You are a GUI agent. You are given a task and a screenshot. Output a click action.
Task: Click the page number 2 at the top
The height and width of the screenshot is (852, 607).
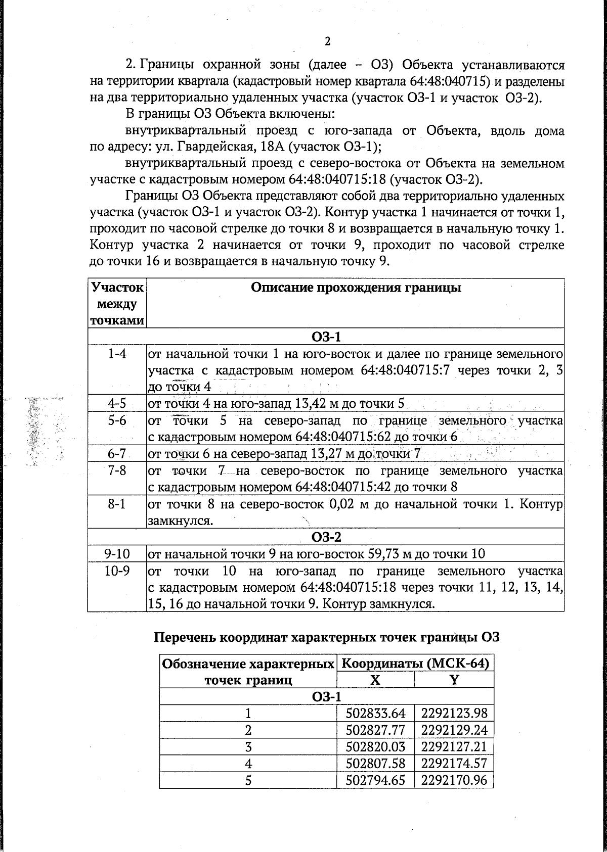tap(327, 41)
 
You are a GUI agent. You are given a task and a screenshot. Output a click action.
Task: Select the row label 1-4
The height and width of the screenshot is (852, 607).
tap(117, 354)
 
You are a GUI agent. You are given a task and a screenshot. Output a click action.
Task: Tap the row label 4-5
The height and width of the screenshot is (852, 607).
tap(117, 403)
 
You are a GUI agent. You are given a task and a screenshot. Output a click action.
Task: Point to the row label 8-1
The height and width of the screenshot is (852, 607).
tap(117, 504)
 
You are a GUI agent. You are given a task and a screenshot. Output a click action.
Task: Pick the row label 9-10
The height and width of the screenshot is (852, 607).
tap(117, 553)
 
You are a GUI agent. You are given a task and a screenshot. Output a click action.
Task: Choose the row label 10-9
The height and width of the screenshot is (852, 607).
tap(117, 571)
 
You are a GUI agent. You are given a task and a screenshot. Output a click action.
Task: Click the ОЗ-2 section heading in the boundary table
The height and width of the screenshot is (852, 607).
tap(326, 537)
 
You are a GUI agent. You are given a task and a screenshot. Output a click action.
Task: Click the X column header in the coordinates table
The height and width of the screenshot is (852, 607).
tap(375, 680)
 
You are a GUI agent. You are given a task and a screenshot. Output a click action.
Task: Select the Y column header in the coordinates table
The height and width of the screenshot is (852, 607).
tap(454, 680)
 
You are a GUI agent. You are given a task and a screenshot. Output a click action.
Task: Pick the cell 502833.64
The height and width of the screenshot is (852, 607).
tap(376, 713)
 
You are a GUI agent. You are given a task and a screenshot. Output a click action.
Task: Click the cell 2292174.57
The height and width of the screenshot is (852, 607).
tap(454, 763)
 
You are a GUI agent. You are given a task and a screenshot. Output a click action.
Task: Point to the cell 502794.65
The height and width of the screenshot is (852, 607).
tap(376, 780)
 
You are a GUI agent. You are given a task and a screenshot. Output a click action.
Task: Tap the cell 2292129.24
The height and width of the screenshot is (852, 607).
tap(454, 730)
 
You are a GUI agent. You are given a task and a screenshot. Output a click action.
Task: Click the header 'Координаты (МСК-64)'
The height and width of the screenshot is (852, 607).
tap(415, 664)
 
